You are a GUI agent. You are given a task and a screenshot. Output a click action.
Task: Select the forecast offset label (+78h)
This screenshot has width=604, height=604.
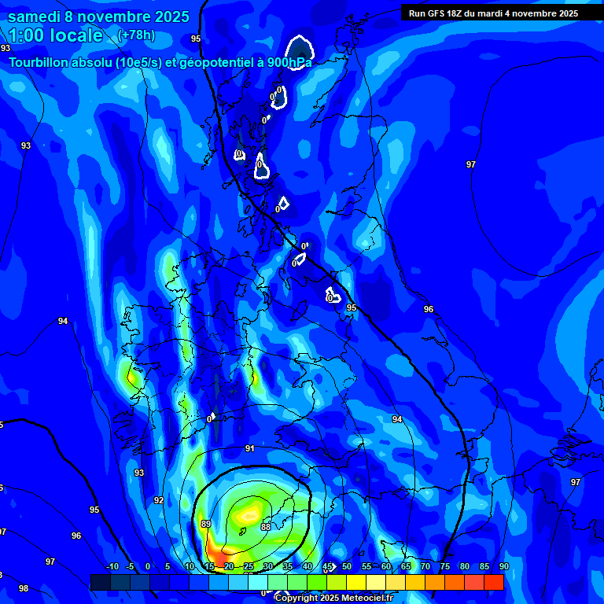point(136,35)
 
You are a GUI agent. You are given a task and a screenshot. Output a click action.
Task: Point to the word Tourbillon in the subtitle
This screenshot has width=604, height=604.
point(40,62)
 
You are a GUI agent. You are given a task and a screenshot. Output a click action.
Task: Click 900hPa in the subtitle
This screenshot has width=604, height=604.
point(289,62)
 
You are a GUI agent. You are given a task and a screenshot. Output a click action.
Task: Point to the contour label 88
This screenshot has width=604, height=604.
point(266,527)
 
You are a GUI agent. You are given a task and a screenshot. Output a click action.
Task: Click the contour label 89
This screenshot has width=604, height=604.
point(206,524)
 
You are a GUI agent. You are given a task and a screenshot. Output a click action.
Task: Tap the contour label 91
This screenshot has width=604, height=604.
point(250,448)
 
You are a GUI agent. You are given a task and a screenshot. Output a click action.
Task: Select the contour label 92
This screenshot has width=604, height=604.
point(159,500)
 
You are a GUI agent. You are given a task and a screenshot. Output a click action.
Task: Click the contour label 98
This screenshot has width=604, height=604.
point(24,588)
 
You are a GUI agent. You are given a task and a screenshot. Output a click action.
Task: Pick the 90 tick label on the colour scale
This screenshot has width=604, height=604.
point(503,567)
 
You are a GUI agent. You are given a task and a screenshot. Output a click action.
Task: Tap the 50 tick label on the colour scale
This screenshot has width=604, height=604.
point(346,567)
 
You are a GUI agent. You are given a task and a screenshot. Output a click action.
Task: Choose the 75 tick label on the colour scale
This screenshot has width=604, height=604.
point(444,567)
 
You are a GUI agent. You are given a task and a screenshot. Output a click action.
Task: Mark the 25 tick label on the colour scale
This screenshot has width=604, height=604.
point(248,567)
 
